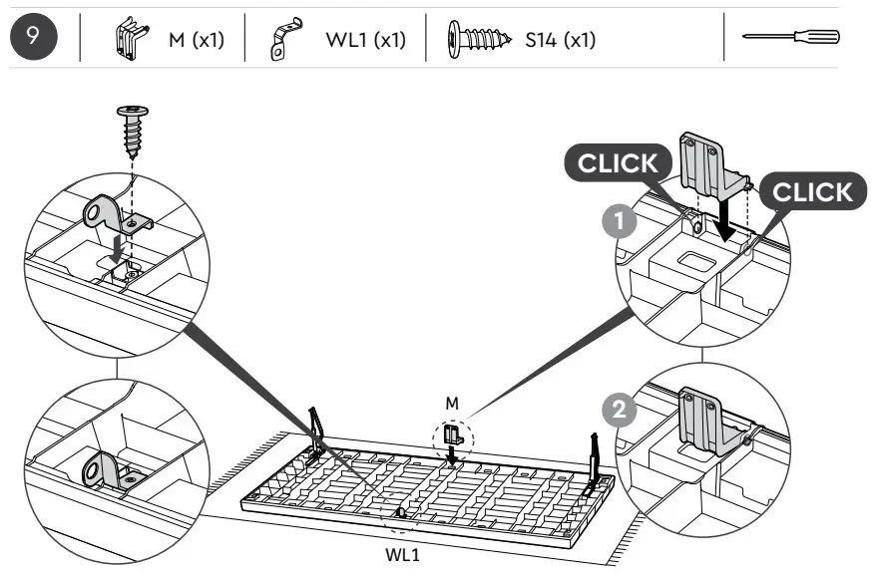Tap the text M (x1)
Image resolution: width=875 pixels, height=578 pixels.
pyautogui.click(x=196, y=40)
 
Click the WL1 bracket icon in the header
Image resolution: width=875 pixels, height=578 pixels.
pyautogui.click(x=284, y=38)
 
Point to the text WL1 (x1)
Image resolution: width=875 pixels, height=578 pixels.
pyautogui.click(x=365, y=40)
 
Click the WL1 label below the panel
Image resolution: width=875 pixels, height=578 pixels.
pyautogui.click(x=402, y=555)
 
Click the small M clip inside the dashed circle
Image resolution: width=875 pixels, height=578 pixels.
pyautogui.click(x=454, y=435)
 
